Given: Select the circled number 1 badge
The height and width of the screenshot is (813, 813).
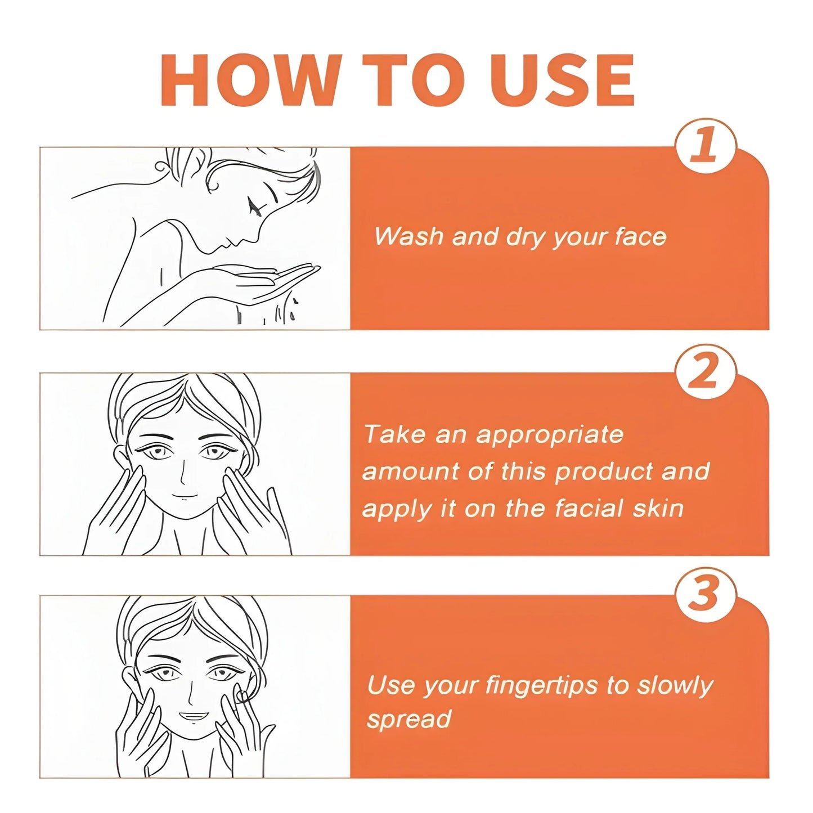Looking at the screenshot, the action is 706,146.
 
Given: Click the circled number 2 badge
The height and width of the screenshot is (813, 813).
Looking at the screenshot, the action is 706,372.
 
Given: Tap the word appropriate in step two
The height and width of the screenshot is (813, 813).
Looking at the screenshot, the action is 550,435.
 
